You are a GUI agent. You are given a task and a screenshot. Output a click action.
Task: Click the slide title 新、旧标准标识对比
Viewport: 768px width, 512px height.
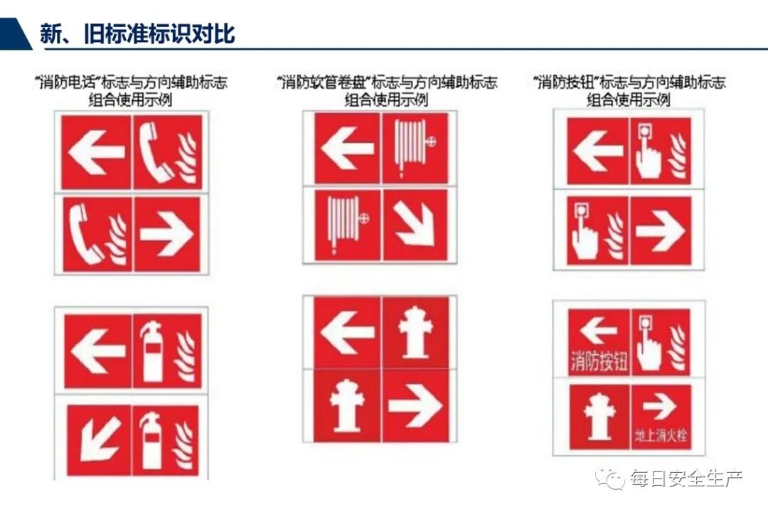coord(138,33)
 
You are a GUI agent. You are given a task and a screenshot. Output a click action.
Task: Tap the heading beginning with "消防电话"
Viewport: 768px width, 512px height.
coord(131,90)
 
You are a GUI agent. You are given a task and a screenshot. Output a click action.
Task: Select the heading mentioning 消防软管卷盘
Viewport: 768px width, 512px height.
coord(386,90)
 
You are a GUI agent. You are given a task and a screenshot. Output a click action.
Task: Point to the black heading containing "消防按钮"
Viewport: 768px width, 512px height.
coord(629,90)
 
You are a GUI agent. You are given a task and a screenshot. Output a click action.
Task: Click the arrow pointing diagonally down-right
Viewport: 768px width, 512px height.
coord(415,225)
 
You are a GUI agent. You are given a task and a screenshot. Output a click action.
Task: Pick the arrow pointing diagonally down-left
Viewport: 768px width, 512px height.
coord(100,439)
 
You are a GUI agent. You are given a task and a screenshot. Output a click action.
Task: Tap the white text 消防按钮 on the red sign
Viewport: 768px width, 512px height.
coord(599,361)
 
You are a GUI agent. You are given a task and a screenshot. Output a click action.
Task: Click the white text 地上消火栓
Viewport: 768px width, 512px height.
coord(661,434)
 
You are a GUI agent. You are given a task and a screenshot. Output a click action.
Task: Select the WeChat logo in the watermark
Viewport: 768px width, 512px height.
coord(609,477)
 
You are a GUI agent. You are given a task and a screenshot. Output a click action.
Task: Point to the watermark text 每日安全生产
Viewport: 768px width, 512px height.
coord(686,478)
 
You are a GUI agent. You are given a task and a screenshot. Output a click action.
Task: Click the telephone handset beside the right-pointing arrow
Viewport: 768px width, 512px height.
coord(86,234)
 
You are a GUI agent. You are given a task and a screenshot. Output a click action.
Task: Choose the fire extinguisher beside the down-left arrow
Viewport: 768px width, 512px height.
coord(150,440)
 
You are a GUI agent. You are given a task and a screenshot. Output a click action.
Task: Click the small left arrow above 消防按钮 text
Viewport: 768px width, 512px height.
coord(599,330)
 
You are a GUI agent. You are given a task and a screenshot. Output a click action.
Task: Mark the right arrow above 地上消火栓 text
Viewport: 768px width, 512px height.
coord(659,407)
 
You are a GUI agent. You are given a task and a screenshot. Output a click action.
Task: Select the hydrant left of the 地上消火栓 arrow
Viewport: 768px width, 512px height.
coord(599,417)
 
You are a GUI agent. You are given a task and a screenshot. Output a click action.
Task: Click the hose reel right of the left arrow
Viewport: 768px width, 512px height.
coord(415,147)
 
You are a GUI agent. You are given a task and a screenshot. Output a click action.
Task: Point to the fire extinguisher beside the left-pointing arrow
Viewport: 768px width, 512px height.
coord(151,352)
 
